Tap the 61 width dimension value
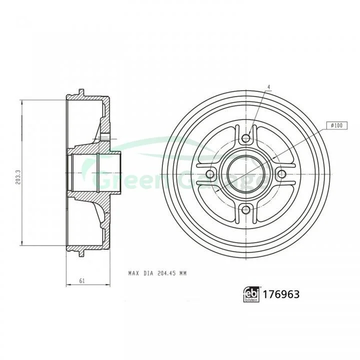(x=82, y=280)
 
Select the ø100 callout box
(x=337, y=125)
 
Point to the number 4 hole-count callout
(x=269, y=87)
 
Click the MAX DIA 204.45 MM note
(x=157, y=273)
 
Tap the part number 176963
(x=281, y=294)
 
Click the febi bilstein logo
(x=251, y=294)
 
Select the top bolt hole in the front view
(x=246, y=138)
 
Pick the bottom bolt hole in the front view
(x=246, y=209)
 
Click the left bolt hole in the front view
(x=210, y=174)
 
